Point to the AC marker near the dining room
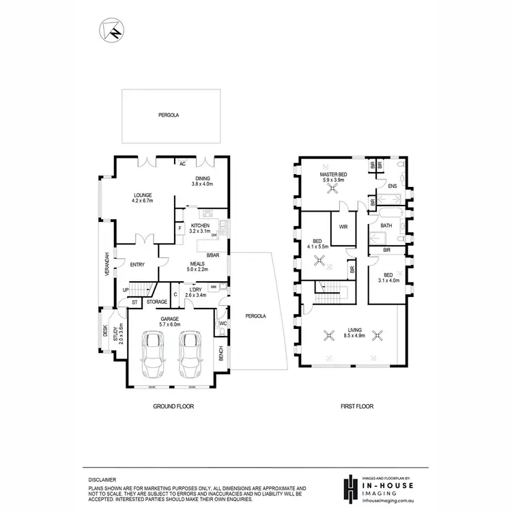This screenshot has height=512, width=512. [x=182, y=164]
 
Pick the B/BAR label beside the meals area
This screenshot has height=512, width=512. [x=213, y=256]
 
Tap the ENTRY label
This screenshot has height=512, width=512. [x=137, y=266]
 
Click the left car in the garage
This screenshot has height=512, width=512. [x=153, y=354]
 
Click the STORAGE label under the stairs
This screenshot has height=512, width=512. [x=156, y=301]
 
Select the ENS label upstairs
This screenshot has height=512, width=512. [x=392, y=186]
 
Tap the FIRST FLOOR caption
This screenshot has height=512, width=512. [x=356, y=406]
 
